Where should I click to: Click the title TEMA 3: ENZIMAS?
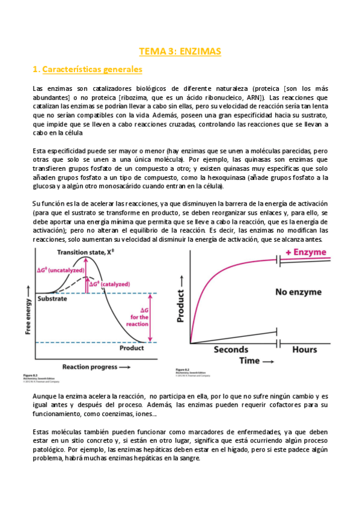click(x=180, y=52)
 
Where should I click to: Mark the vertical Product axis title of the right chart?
click(x=181, y=301)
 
